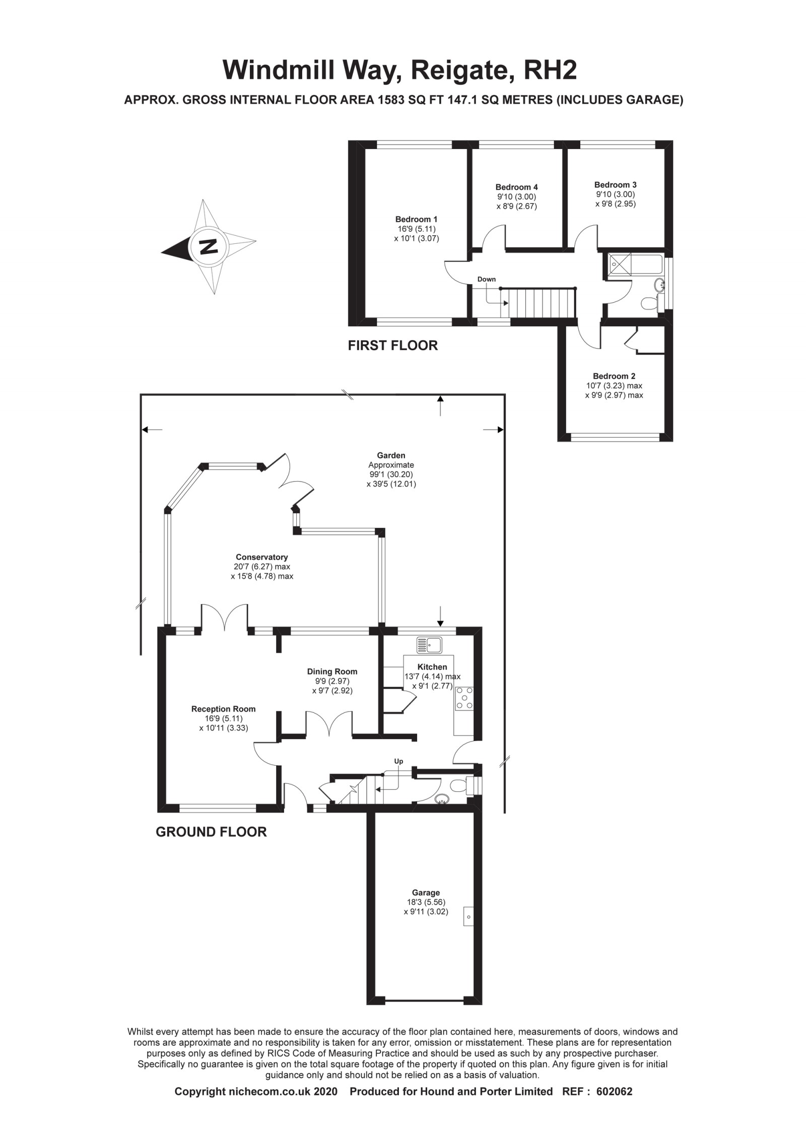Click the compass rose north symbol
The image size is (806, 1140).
click(x=209, y=247)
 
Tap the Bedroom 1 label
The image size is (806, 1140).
click(x=416, y=219)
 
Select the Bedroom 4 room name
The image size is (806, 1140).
click(x=516, y=187)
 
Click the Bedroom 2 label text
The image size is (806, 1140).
click(x=614, y=376)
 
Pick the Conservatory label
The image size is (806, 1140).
click(x=261, y=557)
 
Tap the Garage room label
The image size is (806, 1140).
click(x=426, y=893)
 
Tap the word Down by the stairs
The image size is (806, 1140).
click(x=486, y=279)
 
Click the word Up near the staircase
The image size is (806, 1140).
click(x=398, y=761)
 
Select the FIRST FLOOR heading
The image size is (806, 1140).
click(x=392, y=345)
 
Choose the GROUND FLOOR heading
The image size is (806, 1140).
click(x=211, y=832)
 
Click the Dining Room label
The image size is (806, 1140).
click(x=332, y=672)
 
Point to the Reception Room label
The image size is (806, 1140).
click(x=223, y=709)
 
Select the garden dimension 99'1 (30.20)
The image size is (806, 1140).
click(x=390, y=475)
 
